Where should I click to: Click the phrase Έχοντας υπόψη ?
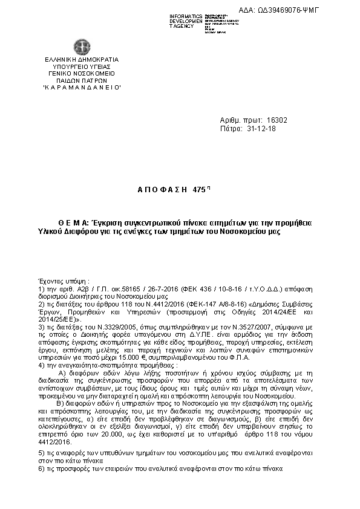(64, 281)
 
